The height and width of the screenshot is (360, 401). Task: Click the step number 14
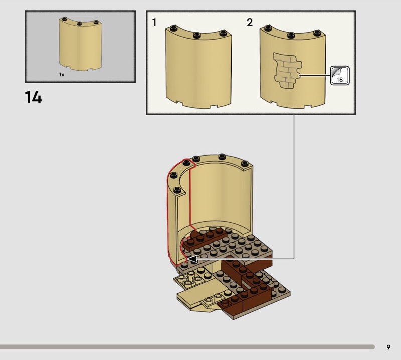click(x=34, y=97)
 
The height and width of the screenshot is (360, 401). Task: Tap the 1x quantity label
click(x=62, y=74)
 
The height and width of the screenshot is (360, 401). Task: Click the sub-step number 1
click(x=154, y=22)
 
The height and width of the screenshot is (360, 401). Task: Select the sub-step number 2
click(x=250, y=22)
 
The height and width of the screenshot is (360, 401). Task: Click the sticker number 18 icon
click(x=340, y=76)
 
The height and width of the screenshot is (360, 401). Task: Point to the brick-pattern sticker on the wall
click(x=287, y=70)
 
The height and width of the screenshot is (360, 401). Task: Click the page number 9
click(x=388, y=347)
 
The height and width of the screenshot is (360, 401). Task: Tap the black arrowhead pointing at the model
click(x=192, y=259)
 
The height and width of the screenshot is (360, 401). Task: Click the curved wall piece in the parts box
click(x=80, y=44)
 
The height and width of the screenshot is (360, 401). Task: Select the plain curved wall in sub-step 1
click(x=198, y=67)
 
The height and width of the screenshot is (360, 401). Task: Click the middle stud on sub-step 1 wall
click(x=196, y=35)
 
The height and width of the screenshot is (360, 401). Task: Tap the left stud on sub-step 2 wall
click(x=268, y=28)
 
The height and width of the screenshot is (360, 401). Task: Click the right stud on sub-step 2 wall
click(x=317, y=33)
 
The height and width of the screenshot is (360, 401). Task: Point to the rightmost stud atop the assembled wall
click(x=245, y=164)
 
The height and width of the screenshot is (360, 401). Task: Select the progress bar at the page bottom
click(x=187, y=347)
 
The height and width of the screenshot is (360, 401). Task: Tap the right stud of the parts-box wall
click(x=96, y=22)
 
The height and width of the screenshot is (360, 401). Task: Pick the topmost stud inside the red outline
click(x=187, y=162)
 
